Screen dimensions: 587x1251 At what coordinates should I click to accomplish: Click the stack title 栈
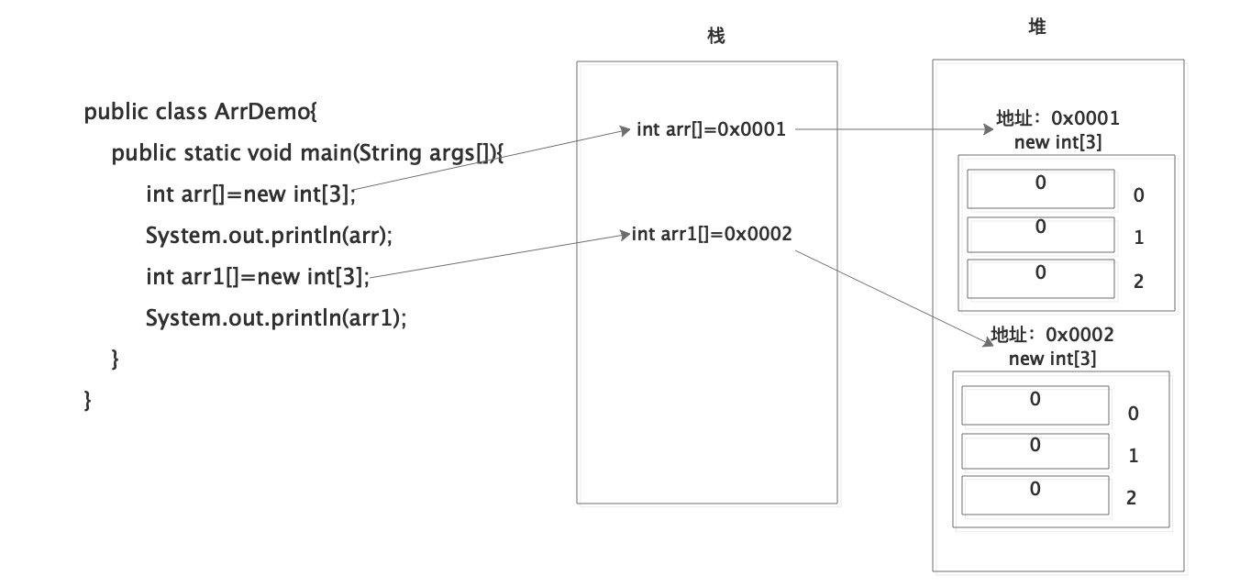[716, 36]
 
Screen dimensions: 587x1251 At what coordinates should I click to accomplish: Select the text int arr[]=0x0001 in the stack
[711, 129]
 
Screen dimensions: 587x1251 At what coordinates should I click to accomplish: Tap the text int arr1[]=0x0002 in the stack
[712, 234]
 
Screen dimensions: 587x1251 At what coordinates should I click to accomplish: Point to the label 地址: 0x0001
[1057, 118]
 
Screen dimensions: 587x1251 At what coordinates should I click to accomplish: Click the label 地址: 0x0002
[1052, 335]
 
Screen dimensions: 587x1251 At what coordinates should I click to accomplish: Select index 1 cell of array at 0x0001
[1040, 234]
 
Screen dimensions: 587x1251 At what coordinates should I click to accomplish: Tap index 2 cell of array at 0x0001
[1040, 277]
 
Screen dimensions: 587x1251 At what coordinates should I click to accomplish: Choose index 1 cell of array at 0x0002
[1035, 450]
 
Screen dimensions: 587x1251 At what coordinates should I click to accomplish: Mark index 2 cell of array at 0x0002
[1035, 494]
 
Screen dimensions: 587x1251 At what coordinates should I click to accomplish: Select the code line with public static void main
[307, 153]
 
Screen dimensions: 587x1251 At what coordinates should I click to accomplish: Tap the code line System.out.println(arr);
[269, 235]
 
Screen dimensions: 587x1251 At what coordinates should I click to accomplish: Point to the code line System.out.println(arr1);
[275, 317]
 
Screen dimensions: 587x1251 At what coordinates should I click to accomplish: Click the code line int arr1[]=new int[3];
[257, 276]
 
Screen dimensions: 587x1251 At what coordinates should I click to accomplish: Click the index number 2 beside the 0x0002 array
[1131, 498]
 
